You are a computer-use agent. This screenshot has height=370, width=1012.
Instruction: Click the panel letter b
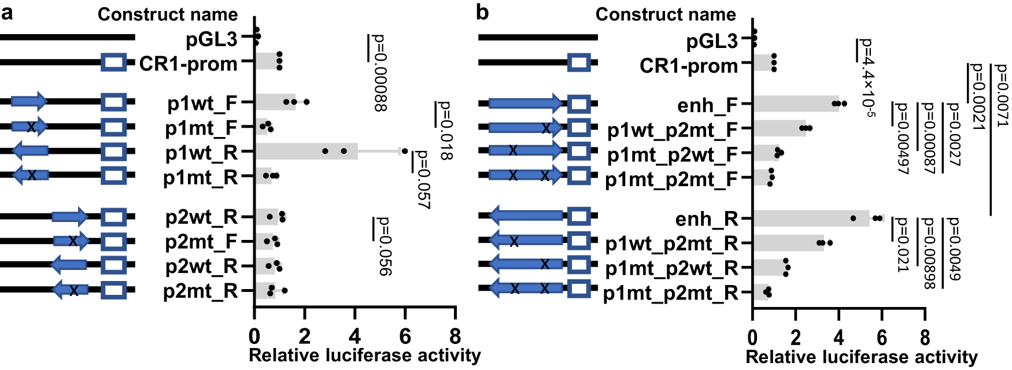(x=483, y=12)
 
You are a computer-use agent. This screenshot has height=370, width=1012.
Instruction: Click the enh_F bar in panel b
(x=795, y=104)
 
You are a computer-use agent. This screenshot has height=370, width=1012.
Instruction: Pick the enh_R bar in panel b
(x=810, y=219)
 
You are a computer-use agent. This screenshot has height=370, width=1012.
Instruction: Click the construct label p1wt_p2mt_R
(x=671, y=244)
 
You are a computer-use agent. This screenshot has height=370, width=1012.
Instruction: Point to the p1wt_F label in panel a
(x=201, y=103)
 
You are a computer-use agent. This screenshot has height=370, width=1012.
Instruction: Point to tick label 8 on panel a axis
(x=455, y=336)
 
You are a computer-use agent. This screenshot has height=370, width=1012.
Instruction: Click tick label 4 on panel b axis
(x=839, y=337)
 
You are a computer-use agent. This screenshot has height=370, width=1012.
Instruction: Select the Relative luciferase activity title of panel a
(x=364, y=355)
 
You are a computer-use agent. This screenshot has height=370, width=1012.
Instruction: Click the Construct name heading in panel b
(x=665, y=14)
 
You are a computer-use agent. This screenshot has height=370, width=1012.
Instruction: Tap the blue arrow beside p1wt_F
(x=29, y=102)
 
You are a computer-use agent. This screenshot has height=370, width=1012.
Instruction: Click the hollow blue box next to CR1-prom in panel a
(x=113, y=62)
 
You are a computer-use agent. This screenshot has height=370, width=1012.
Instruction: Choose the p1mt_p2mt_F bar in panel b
(x=761, y=177)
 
